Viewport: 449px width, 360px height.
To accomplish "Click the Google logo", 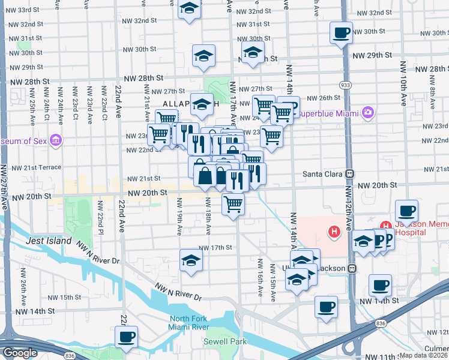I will click(x=20, y=353).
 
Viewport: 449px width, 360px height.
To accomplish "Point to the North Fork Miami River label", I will click(x=188, y=323).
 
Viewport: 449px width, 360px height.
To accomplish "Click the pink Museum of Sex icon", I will click(x=56, y=141).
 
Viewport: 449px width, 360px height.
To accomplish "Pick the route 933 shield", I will click(x=346, y=86).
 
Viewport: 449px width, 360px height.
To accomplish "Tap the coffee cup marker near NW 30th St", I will click(x=341, y=32).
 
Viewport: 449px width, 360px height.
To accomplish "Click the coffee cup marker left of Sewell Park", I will click(x=126, y=337).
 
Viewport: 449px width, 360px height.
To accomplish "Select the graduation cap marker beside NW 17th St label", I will click(x=191, y=260).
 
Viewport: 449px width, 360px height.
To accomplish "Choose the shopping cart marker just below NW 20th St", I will click(x=233, y=203).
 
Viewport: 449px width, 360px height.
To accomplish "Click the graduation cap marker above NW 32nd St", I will click(x=189, y=9).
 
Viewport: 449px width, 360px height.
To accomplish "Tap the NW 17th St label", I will click(x=215, y=248).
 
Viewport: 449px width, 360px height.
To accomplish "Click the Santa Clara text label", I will click(x=322, y=174).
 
